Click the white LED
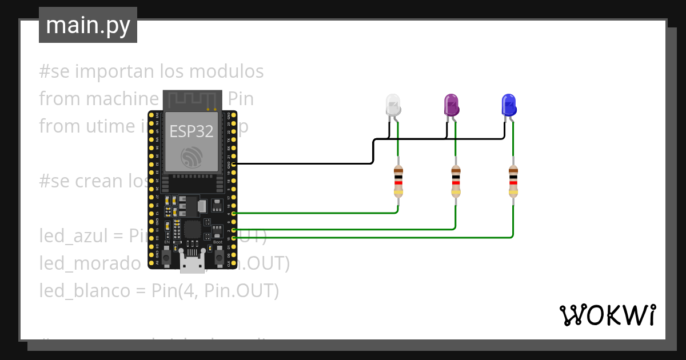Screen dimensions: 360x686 [x=393, y=105]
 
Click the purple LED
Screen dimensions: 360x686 [x=452, y=105]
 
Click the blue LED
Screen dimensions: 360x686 [x=509, y=105]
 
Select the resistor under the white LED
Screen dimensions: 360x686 [x=398, y=181]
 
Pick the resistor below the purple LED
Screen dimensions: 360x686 [x=456, y=181]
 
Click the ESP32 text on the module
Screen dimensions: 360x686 [x=192, y=131]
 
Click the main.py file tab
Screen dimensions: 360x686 [x=88, y=25]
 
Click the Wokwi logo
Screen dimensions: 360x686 [x=607, y=315]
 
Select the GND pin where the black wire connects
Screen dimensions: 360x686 [x=233, y=164]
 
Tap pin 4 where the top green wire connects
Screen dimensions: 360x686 [x=233, y=213]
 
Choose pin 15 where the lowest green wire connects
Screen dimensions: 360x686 [x=233, y=237]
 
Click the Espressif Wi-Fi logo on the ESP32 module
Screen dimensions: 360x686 [x=191, y=157]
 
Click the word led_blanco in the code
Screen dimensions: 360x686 [x=85, y=291]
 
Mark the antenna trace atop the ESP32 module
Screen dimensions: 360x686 [x=192, y=101]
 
